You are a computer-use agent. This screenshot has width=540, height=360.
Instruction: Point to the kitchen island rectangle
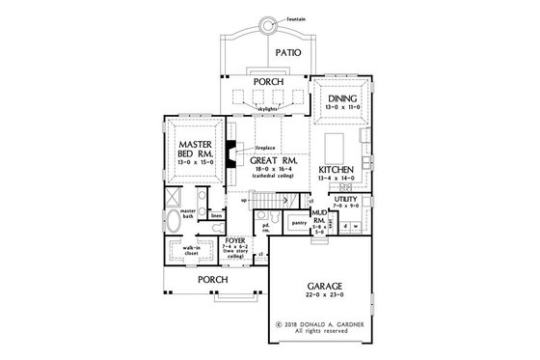pos(337,148)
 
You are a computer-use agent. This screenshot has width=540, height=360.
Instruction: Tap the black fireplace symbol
pos(231,149)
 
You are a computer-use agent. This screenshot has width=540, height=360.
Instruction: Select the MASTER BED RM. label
pos(196,152)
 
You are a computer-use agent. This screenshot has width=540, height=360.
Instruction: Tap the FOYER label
pos(234,240)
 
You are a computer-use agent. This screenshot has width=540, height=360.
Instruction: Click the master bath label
pos(187,213)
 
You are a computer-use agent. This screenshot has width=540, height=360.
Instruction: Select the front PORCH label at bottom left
pos(213,280)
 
